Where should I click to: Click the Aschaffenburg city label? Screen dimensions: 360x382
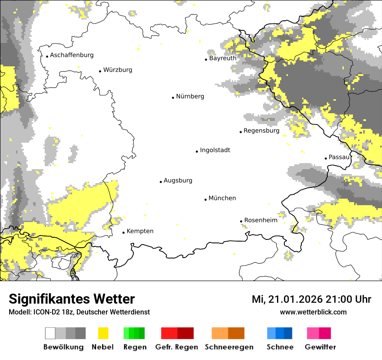[x=72, y=55]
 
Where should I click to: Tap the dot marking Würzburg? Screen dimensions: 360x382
[x=100, y=71]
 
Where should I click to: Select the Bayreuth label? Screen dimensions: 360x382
[x=223, y=58]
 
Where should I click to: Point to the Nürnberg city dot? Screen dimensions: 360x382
[x=173, y=98]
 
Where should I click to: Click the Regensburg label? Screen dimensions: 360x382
[x=261, y=131]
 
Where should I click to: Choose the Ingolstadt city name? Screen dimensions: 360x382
[x=215, y=151]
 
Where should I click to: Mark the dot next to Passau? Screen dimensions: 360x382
[x=326, y=158]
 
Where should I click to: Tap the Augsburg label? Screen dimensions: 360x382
[x=178, y=181]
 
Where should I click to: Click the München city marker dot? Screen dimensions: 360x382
[x=206, y=200]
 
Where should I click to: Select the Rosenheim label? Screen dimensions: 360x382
[x=260, y=220]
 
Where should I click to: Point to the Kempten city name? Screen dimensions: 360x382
[x=140, y=231]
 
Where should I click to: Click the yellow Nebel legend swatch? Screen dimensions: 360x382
[x=103, y=333]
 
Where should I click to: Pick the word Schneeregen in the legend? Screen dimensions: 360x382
[x=229, y=347]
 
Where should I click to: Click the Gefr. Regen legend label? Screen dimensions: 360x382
[x=177, y=347]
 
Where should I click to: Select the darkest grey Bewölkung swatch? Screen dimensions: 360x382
[x=80, y=333]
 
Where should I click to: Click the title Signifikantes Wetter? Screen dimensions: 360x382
[x=72, y=299]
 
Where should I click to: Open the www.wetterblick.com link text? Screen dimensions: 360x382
[x=313, y=312]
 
